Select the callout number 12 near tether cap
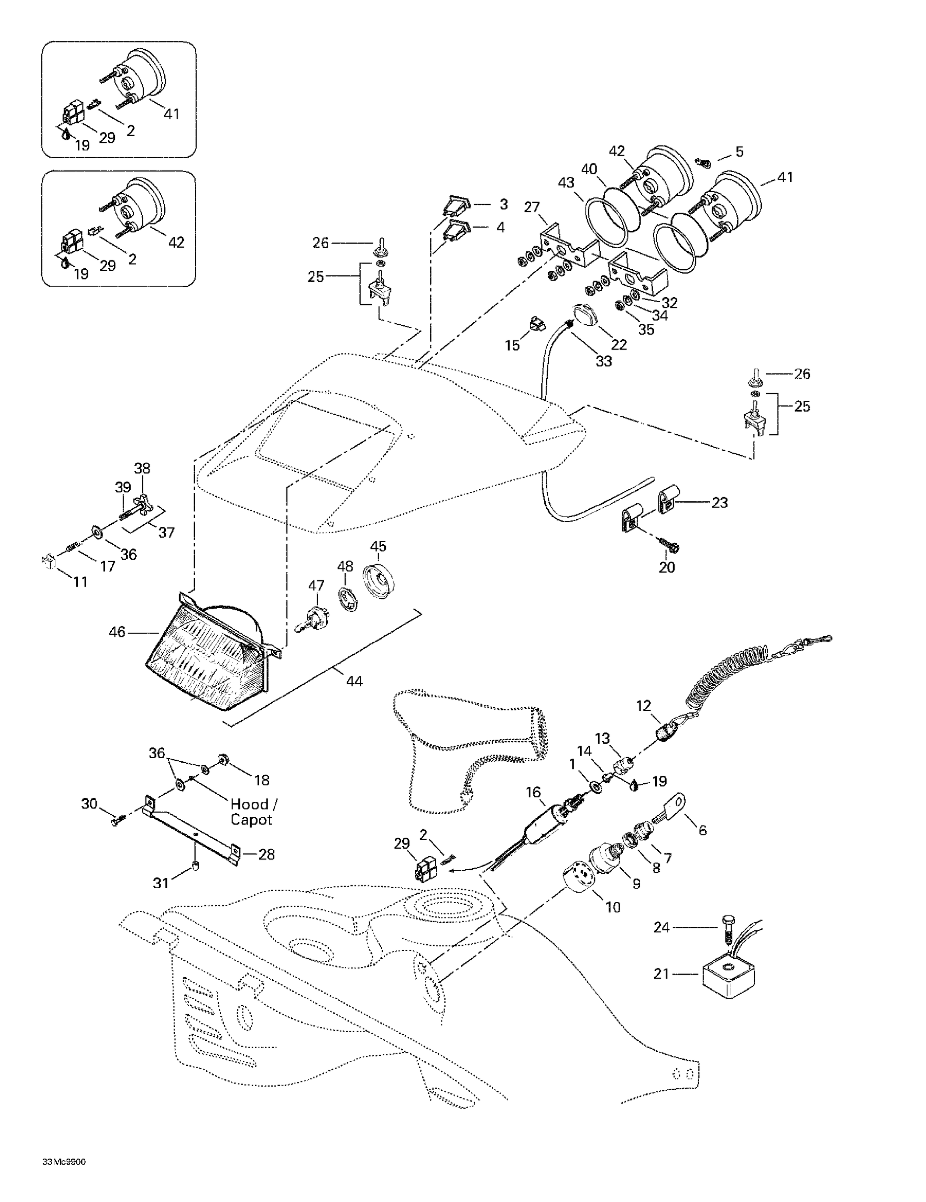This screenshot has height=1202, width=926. coord(643,706)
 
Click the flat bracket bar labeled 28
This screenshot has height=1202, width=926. coord(193,837)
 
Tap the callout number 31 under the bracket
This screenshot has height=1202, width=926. coord(161,883)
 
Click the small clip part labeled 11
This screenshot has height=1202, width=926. coord(48,563)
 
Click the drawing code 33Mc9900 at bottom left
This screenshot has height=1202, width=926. coord(64,1177)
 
